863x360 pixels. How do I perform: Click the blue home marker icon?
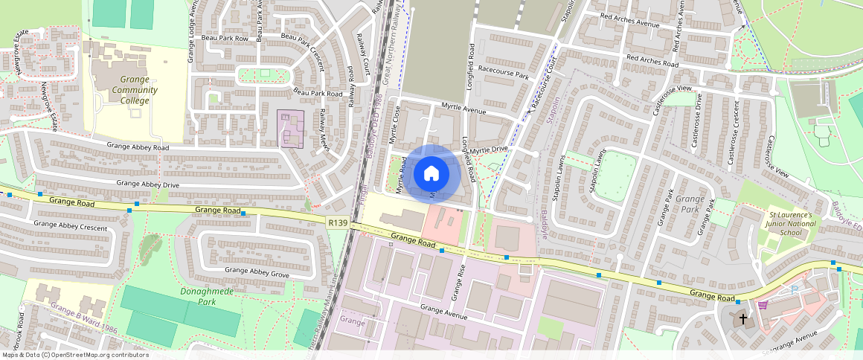click(x=431, y=173)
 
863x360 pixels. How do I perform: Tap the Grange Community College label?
click(x=124, y=90)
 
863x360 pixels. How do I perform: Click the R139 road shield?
click(x=337, y=222)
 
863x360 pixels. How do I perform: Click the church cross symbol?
click(x=742, y=318)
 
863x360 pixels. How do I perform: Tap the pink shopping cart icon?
click(x=762, y=304)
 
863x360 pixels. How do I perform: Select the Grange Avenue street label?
click(x=444, y=312)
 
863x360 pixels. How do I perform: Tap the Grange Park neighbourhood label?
click(x=689, y=204)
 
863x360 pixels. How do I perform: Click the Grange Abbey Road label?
click(x=138, y=147)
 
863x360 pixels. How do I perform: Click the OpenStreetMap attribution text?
click(x=75, y=355)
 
